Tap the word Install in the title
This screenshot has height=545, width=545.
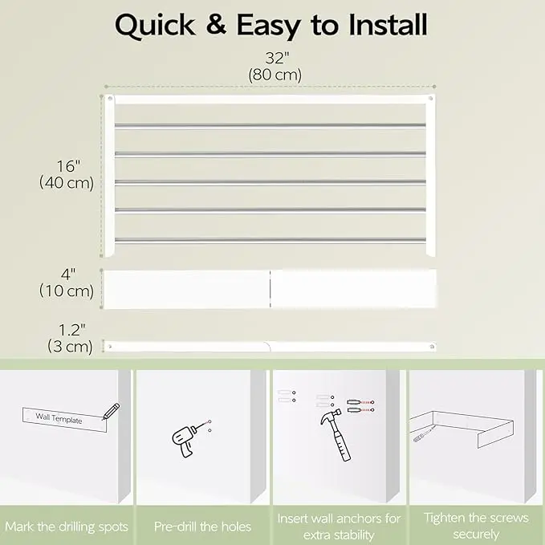388,25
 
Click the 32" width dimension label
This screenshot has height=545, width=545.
277,58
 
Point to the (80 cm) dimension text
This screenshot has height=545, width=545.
275,75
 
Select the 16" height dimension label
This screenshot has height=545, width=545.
68,166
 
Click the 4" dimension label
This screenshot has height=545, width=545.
68,275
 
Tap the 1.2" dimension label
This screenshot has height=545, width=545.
71,330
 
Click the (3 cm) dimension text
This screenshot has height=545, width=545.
70,347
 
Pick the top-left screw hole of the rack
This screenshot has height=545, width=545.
110,99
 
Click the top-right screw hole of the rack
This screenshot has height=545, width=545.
431,99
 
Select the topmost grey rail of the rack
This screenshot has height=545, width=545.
270,125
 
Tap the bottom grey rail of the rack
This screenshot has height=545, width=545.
270,240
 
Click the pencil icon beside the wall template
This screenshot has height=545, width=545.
112,411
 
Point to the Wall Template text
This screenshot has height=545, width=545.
59,418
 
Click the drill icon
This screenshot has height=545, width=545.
185,439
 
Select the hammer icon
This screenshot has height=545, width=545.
336,435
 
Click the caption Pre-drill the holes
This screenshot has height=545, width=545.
202,527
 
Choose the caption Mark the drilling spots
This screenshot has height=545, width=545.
67,527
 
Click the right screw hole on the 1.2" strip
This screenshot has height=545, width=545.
432,347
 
